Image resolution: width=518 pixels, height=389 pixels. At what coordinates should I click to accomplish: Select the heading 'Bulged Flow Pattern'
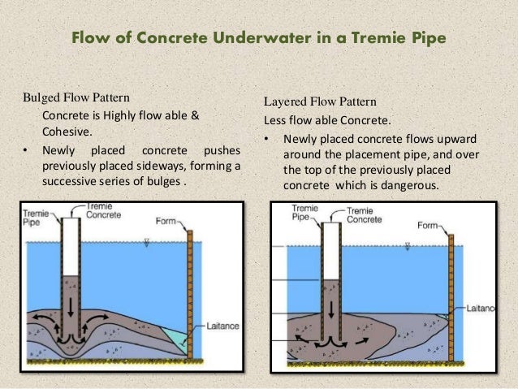point(76,98)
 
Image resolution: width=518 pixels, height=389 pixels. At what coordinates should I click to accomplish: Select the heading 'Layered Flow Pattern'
point(320,102)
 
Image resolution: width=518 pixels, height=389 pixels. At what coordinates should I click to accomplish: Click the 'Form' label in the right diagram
point(429,225)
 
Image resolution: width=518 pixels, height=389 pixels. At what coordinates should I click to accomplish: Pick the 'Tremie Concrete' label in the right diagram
point(358,214)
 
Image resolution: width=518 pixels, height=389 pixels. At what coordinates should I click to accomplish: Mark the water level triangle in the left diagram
point(145,241)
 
